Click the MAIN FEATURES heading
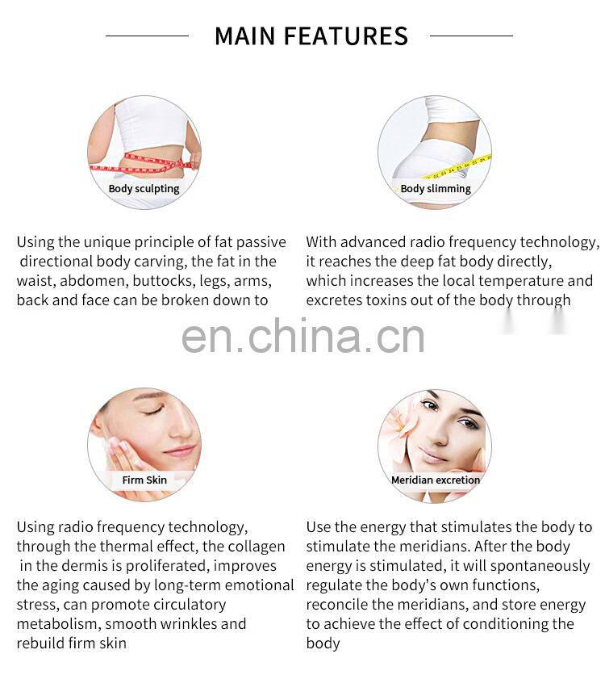[311, 36]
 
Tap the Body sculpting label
[144, 189]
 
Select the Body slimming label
[436, 189]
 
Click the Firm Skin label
[144, 480]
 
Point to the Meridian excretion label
[436, 480]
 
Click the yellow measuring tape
[455, 167]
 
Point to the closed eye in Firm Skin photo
[153, 410]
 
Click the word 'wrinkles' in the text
[189, 623]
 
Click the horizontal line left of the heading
[147, 36]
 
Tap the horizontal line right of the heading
[471, 36]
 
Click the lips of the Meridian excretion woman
[431, 455]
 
